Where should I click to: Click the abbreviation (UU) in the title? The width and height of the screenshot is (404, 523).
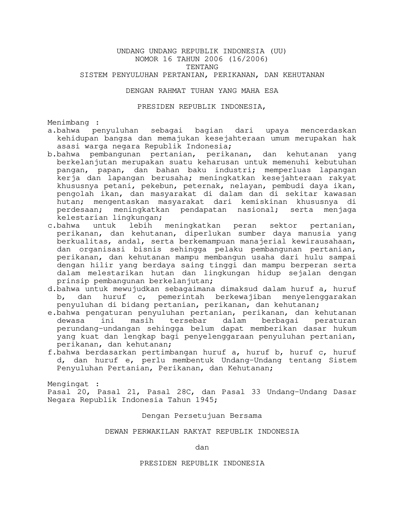pos(278,51)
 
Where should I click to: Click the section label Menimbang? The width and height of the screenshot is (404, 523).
pos(68,123)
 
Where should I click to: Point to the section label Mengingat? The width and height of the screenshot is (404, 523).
pos(68,384)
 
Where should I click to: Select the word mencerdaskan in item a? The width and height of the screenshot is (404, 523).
pos(328,131)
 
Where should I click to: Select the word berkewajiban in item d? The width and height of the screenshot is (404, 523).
pos(243,297)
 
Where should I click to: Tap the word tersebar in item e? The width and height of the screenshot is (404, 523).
pos(188,321)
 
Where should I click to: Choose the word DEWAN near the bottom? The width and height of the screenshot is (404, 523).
pos(116,432)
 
